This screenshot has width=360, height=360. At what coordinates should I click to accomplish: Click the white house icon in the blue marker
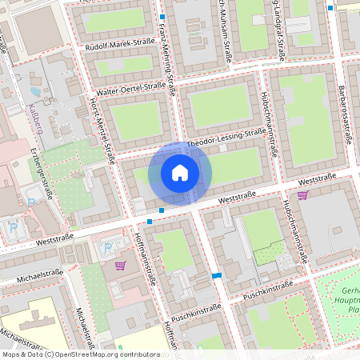pyautogui.click(x=180, y=172)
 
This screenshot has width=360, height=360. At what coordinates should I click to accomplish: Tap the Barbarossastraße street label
pyautogui.click(x=346, y=113)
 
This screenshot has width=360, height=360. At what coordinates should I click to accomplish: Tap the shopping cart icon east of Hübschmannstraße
pyautogui.click(x=302, y=194)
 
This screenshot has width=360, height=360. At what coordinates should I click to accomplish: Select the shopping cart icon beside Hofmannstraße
pyautogui.click(x=120, y=265)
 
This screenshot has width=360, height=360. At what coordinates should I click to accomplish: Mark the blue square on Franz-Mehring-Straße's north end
pyautogui.click(x=162, y=17)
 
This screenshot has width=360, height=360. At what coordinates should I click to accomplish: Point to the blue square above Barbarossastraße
pyautogui.click(x=331, y=7)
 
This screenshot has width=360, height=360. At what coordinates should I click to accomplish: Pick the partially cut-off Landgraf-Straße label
pyautogui.click(x=279, y=30)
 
